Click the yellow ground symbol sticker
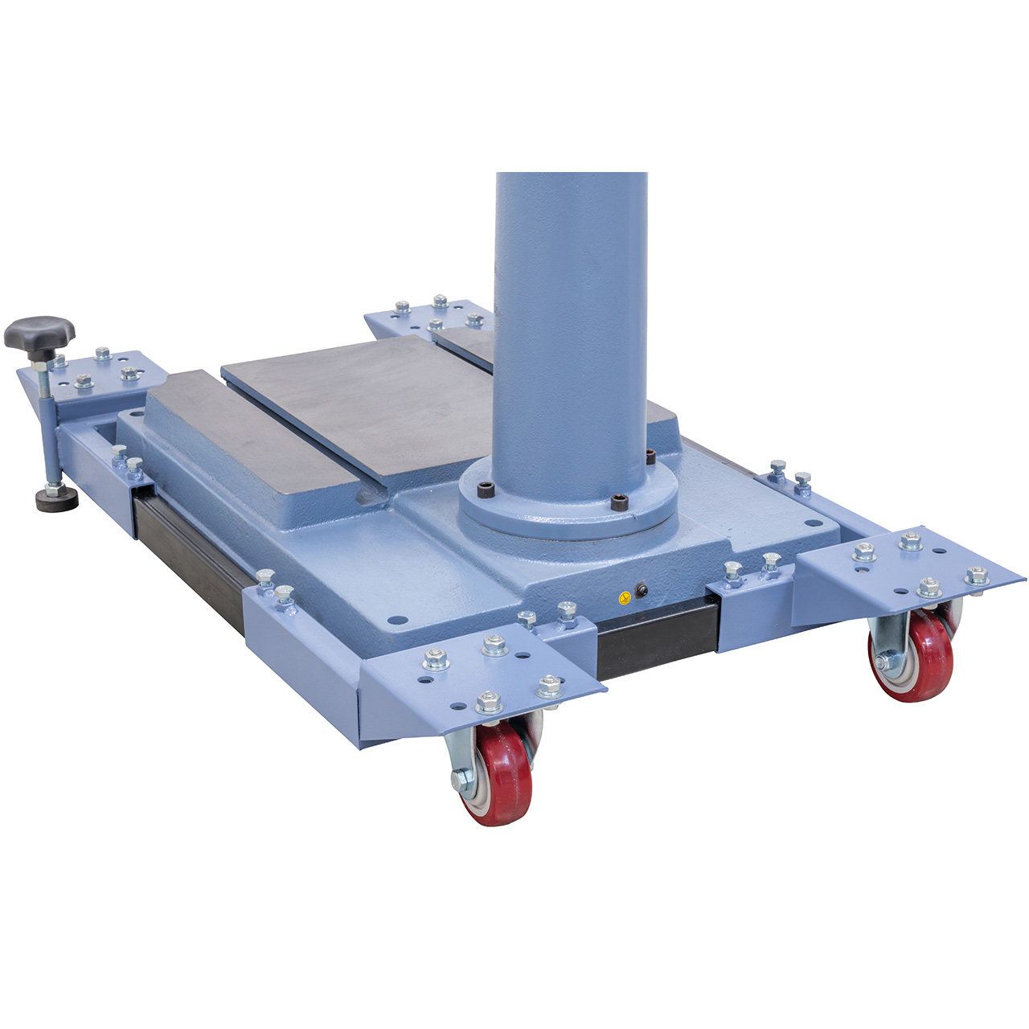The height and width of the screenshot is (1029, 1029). click(x=623, y=597)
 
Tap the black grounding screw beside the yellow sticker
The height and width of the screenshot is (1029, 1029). click(x=642, y=591)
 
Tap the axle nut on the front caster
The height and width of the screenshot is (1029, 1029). click(x=461, y=777)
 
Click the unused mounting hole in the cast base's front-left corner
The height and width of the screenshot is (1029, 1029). click(x=395, y=621)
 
